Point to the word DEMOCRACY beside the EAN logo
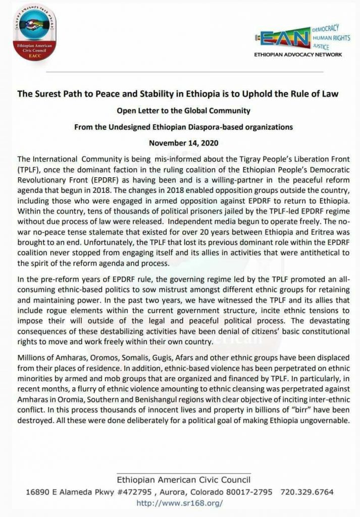[325, 26]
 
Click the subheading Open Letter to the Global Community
[180, 110]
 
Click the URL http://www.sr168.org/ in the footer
[180, 503]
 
